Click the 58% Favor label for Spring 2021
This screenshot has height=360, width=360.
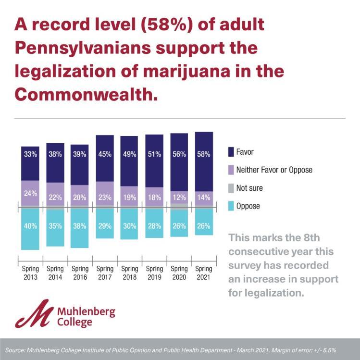click(x=204, y=154)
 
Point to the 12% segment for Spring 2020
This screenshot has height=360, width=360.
click(x=179, y=197)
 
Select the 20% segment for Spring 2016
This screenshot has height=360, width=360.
click(x=80, y=197)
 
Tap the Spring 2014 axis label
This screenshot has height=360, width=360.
click(x=55, y=273)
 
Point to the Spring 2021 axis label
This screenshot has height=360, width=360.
click(x=204, y=273)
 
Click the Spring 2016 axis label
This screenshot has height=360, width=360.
click(x=80, y=273)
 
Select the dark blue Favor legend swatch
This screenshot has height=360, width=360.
click(x=231, y=152)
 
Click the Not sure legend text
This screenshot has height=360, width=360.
click(x=249, y=188)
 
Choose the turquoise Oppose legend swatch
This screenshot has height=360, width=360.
click(x=231, y=206)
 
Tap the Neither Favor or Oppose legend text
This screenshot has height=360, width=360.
click(x=274, y=170)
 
